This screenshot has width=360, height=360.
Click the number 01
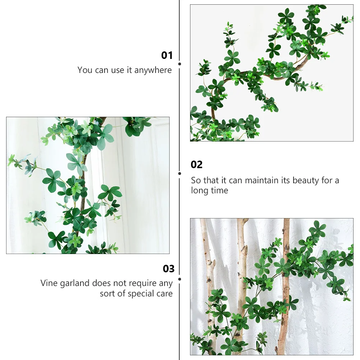point(167,55)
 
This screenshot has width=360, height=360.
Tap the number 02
point(197,165)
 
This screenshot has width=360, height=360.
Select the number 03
point(169,269)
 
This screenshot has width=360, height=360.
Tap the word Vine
point(49,283)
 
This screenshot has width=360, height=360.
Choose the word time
point(219,190)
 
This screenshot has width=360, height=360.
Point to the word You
point(85,70)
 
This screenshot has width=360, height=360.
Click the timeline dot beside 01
point(180,64)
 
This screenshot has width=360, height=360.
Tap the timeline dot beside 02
point(180,173)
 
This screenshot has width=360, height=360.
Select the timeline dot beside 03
point(180,279)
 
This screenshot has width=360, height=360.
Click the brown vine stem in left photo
point(82,180)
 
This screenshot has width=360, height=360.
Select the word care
point(164,294)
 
